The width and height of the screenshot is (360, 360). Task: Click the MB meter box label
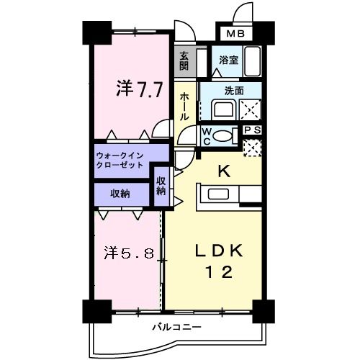pyautogui.click(x=236, y=34)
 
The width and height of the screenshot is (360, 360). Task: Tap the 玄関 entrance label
pyautogui.click(x=184, y=60)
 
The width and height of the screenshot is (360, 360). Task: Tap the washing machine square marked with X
pyautogui.click(x=248, y=110)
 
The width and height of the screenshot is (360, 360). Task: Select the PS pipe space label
pyautogui.click(x=252, y=130)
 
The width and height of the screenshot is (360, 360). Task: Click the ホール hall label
pyautogui.click(x=185, y=105)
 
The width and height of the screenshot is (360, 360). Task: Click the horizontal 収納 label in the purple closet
pyautogui.click(x=120, y=193)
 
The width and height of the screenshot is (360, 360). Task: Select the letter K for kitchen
pyautogui.click(x=223, y=171)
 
